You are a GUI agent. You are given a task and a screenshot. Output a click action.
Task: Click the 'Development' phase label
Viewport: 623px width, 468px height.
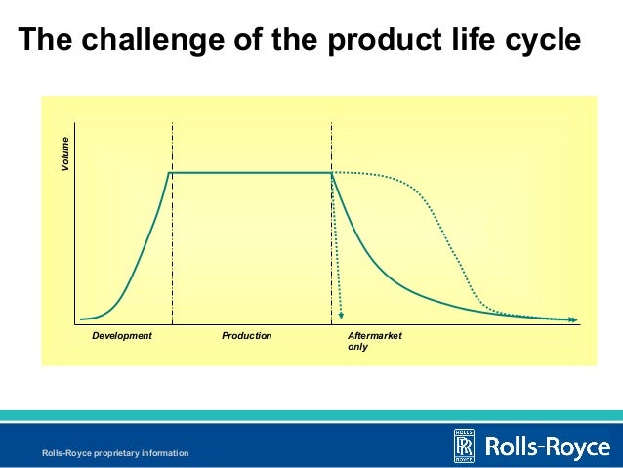click(122, 336)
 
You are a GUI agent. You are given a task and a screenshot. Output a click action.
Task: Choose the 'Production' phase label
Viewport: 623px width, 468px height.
click(246, 336)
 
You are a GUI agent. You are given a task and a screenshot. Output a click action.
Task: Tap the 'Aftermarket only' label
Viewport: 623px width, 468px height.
click(374, 341)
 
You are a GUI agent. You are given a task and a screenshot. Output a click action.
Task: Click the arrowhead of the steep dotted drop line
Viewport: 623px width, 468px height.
click(342, 315)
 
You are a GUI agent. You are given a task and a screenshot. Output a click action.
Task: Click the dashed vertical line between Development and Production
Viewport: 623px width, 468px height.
click(172, 244)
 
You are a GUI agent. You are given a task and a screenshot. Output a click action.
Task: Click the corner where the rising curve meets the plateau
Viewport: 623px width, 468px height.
click(171, 173)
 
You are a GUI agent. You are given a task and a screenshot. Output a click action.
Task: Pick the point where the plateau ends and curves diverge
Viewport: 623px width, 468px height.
click(332, 173)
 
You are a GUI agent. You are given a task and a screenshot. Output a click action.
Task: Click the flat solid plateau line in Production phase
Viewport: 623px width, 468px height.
click(252, 173)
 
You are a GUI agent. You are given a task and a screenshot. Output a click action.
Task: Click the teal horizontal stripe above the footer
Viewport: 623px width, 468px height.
click(311, 415)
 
